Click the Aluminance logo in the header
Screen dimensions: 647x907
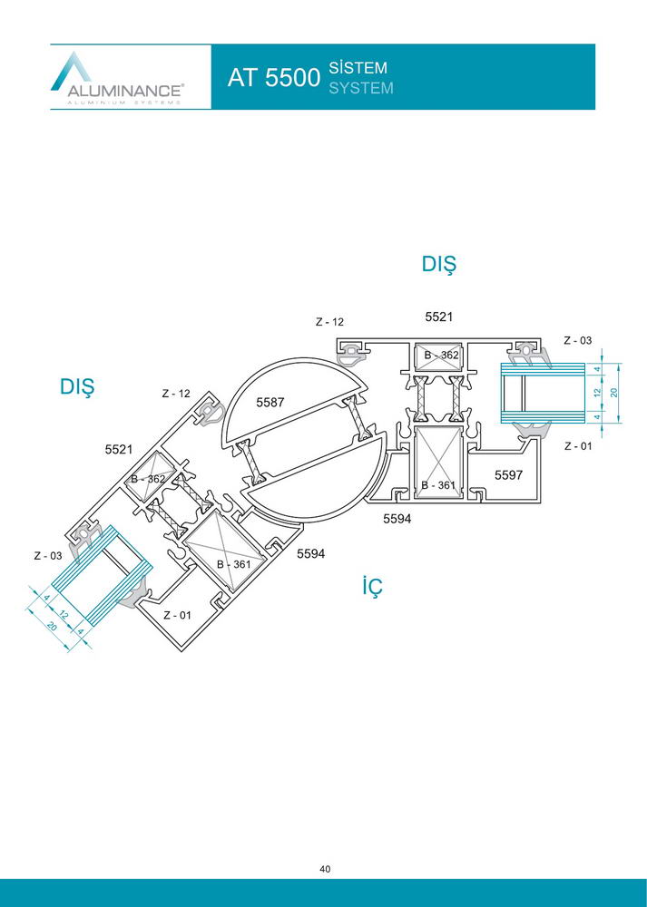coord(117,78)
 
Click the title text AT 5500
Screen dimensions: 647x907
coord(274,77)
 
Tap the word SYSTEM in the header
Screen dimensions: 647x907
coord(361,88)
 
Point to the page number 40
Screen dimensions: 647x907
coord(325,869)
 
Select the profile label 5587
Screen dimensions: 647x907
coord(270,402)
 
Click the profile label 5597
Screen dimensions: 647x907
coord(508,475)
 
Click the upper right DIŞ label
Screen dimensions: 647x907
coord(438,265)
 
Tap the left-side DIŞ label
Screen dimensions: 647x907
coord(77,387)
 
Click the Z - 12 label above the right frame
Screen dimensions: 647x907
coord(329,322)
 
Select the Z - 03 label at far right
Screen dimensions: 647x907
coord(577,341)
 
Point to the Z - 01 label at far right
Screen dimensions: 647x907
coord(578,446)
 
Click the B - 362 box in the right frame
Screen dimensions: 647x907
coord(440,356)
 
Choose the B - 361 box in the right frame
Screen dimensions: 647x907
coord(438,462)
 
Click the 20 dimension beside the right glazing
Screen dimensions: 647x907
coord(613,393)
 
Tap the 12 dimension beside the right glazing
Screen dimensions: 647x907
coord(598,393)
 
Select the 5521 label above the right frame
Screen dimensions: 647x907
coord(438,317)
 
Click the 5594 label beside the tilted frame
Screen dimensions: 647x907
coord(310,553)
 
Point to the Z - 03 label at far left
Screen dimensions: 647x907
coord(47,556)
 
